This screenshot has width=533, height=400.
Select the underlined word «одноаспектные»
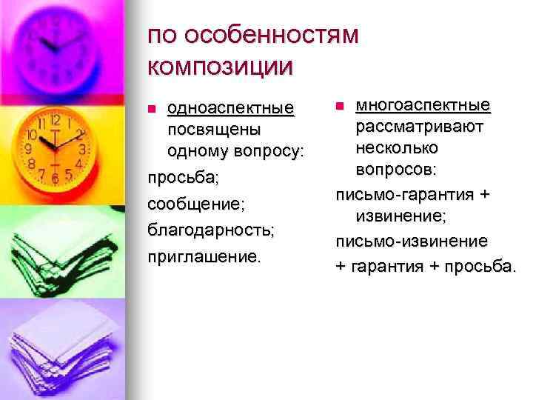[x=230, y=109]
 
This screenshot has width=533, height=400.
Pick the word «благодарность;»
[x=211, y=229]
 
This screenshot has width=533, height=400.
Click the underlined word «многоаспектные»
[x=423, y=105]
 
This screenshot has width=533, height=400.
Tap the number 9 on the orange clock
[x=29, y=147]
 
